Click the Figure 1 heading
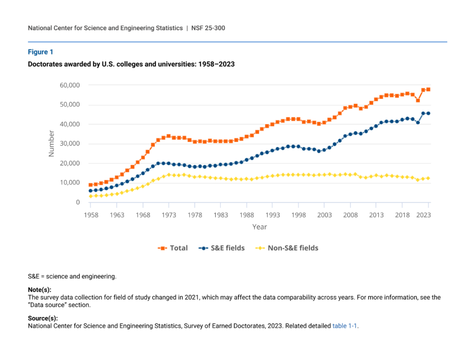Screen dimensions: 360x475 click(x=40, y=52)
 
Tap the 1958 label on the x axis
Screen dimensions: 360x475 click(x=91, y=215)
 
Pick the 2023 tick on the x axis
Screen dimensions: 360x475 click(x=423, y=215)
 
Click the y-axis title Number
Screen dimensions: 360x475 click(x=51, y=143)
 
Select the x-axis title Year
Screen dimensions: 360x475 click(x=259, y=227)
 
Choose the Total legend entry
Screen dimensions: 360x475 click(x=173, y=248)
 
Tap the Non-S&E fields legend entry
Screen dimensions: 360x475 click(x=286, y=248)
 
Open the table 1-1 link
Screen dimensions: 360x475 click(x=345, y=326)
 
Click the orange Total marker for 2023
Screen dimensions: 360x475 click(x=428, y=89)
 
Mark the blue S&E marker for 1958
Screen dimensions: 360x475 click(x=91, y=191)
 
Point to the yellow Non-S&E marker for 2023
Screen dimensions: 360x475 click(x=428, y=178)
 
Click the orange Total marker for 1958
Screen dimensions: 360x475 click(x=91, y=185)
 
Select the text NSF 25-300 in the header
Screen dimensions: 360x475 click(x=208, y=28)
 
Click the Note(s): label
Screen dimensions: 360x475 click(x=40, y=290)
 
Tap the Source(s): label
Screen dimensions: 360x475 click(x=43, y=318)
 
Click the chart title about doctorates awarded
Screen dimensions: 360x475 click(x=131, y=64)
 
